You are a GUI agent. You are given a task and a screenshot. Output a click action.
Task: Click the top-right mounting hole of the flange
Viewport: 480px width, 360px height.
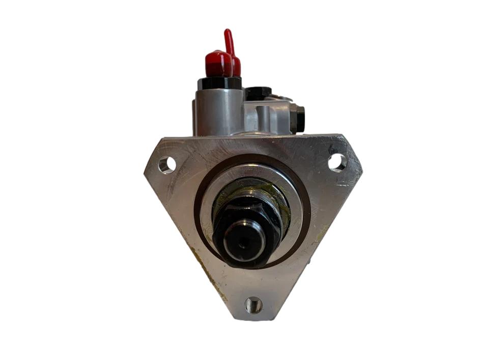[x=336, y=162]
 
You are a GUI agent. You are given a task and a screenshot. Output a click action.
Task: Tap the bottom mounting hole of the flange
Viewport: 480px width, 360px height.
[x=253, y=305]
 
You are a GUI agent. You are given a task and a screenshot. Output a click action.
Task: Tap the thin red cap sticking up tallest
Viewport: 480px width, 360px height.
[x=230, y=41]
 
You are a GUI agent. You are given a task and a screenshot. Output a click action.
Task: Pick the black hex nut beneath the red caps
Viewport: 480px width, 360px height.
[x=219, y=83]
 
